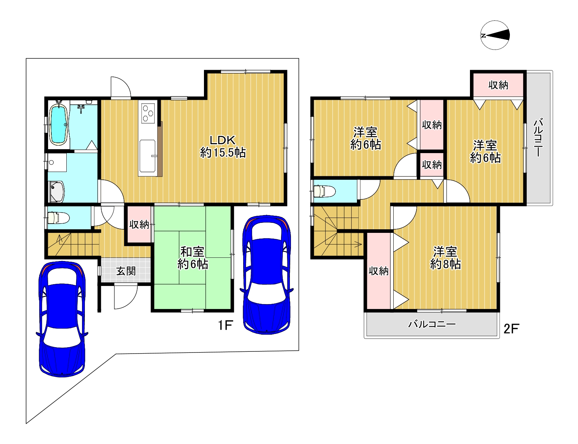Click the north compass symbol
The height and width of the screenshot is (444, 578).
click(495, 35)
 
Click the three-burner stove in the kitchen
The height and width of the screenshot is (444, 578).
click(148, 113)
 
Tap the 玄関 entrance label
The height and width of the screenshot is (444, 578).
click(126, 271)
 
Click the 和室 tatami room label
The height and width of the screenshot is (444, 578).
click(192, 251)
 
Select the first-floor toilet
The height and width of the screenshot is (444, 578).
click(58, 218)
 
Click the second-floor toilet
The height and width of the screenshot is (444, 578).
click(324, 191)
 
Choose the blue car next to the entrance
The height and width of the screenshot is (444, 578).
click(62, 319)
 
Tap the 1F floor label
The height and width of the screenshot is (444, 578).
click(226, 325)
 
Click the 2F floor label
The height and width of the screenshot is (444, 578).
click(512, 329)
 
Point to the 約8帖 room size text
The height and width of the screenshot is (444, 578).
click(445, 264)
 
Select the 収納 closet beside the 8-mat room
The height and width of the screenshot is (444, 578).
click(379, 271)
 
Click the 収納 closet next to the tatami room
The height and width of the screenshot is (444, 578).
click(139, 225)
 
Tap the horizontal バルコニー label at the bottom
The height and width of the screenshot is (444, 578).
click(432, 324)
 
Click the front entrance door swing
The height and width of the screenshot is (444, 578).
click(126, 296)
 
